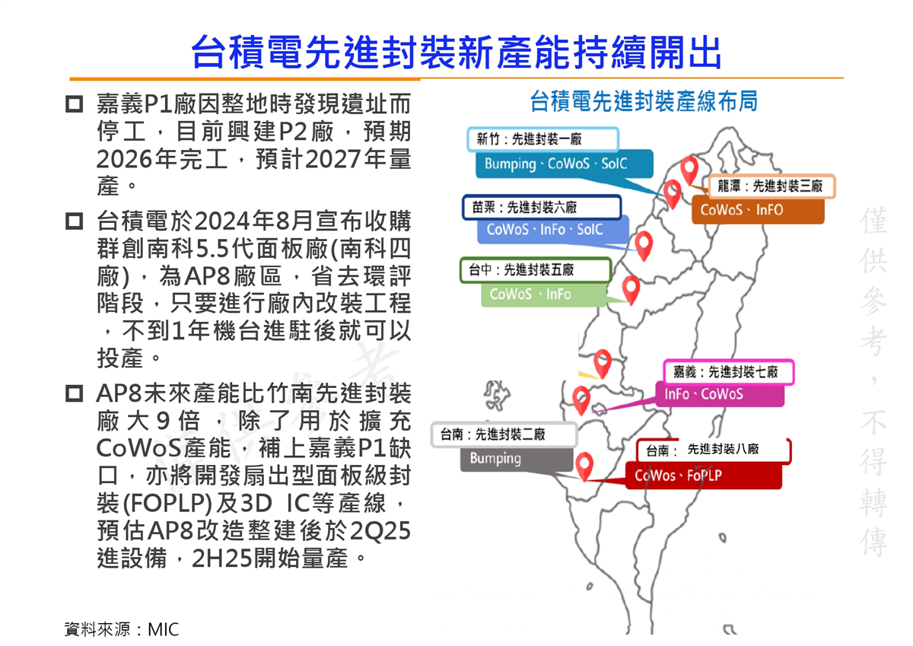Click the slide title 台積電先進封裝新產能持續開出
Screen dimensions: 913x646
[x=456, y=53]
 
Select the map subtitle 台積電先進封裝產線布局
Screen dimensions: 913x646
[x=644, y=101]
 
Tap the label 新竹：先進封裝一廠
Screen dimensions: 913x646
[x=543, y=139]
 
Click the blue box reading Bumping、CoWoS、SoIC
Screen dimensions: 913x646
[x=565, y=164]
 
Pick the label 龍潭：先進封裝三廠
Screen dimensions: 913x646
[x=772, y=186]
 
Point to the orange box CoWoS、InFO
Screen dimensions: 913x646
[x=758, y=210]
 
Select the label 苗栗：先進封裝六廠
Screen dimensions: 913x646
[x=542, y=208]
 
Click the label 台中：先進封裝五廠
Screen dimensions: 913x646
[x=536, y=269]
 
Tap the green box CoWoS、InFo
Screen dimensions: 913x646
[x=544, y=294]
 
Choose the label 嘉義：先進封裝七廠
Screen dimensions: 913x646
[x=729, y=372]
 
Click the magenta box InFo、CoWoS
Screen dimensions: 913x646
[x=720, y=394]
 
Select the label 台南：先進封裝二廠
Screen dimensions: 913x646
[x=504, y=434]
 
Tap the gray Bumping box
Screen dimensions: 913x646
[x=517, y=459]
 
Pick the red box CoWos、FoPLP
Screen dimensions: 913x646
[x=704, y=476]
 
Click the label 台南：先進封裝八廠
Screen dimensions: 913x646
[x=714, y=450]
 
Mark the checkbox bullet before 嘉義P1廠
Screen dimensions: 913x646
[x=75, y=104]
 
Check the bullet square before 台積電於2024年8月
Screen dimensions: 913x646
[x=75, y=221]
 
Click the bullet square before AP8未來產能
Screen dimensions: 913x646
[x=75, y=393]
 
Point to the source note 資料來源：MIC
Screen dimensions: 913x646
[x=122, y=630]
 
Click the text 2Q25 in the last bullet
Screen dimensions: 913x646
[x=380, y=530]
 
